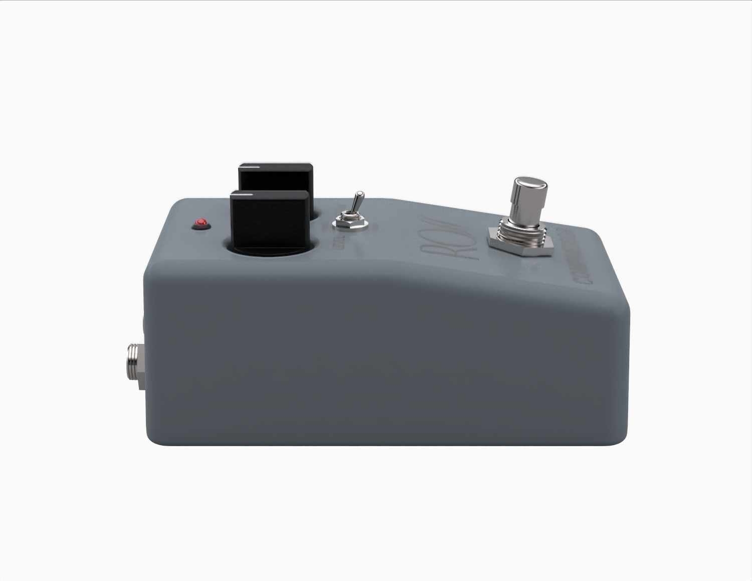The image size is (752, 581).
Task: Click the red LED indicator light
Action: coord(202,222)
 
